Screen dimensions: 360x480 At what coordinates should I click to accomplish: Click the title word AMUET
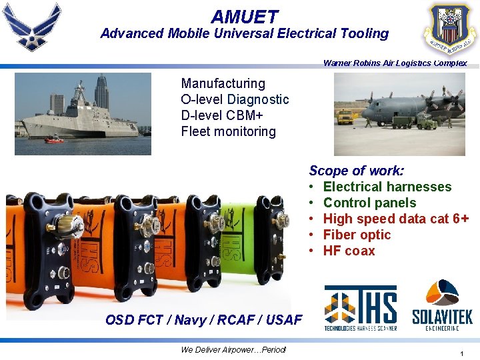point(245,16)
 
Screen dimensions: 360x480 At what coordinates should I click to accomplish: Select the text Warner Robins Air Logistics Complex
point(395,63)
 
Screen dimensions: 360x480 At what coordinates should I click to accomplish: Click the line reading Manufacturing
point(223,83)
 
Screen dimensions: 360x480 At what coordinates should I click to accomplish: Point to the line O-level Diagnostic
point(235,99)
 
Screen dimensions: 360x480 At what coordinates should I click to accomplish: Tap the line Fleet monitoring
point(228,131)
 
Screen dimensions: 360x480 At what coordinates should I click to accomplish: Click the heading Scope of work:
point(356,171)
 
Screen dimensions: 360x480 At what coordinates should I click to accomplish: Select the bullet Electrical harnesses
point(387,187)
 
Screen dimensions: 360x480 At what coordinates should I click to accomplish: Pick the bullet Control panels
point(369,203)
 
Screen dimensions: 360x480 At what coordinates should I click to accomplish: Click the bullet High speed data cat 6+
point(395,219)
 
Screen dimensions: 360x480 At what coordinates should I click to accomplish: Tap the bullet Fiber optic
point(357,235)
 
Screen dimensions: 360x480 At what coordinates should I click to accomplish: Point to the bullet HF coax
point(349,251)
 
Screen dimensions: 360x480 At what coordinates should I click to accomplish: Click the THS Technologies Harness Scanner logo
point(361,307)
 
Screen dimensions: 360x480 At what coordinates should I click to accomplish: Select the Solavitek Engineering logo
point(442,305)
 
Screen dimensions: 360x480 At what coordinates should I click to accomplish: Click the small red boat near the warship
point(54,139)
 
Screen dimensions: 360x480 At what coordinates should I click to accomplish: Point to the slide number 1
point(461,353)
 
